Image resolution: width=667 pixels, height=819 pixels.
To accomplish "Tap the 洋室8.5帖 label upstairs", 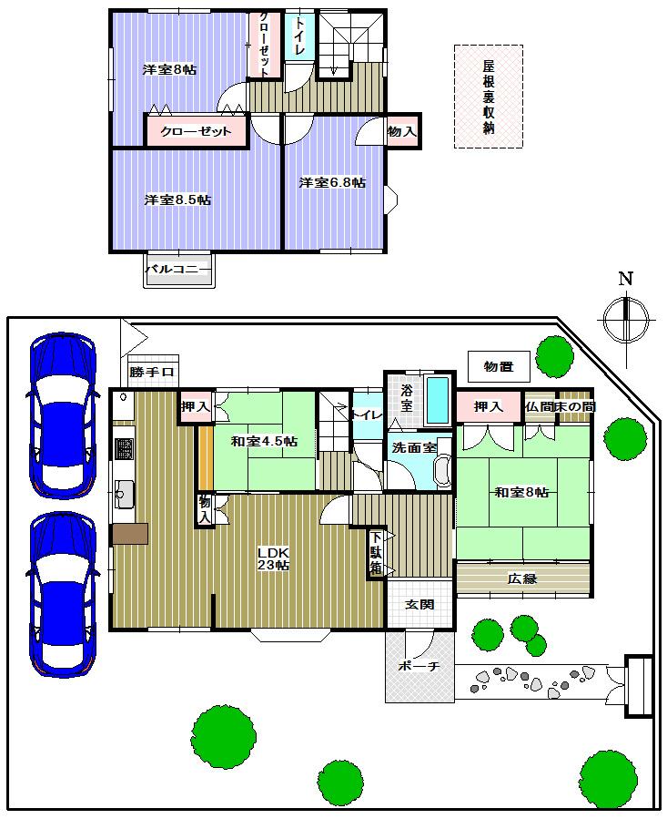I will (x=177, y=200).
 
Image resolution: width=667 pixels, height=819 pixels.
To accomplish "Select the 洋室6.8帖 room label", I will (x=332, y=182).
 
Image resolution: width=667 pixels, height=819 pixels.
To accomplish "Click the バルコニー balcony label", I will (x=178, y=270).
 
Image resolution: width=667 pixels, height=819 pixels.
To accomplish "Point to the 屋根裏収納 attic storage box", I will (x=489, y=97).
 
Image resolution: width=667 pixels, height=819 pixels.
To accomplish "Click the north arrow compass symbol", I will (x=626, y=317).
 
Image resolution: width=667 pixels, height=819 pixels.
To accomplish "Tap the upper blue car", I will (x=62, y=415).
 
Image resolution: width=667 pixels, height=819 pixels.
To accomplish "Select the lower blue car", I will (x=62, y=594).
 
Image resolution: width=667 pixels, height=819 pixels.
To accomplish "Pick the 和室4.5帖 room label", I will (x=263, y=442).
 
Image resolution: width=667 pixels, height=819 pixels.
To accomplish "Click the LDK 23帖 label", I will (x=272, y=558).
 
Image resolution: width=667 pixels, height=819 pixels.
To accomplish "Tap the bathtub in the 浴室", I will (x=437, y=400).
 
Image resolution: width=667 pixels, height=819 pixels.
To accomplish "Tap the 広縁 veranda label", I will (x=522, y=578).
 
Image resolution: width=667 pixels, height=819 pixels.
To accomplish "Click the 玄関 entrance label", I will (x=419, y=604).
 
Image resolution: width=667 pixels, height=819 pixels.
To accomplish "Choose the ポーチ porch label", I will (x=419, y=667).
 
